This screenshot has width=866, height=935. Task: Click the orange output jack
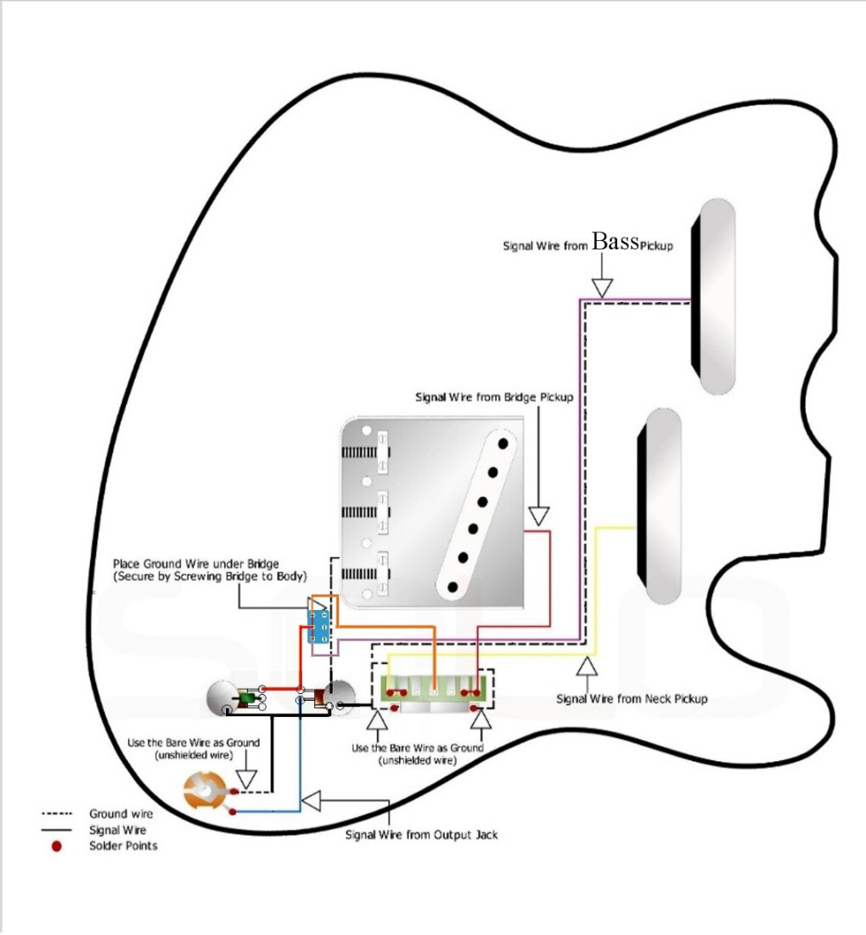[x=205, y=792]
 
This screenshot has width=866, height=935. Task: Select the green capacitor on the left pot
[x=246, y=699]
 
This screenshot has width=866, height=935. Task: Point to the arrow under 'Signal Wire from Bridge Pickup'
[x=538, y=514]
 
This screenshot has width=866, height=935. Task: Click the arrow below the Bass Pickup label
[x=601, y=287]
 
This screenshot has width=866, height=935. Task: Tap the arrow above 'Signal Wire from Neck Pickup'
[x=585, y=666]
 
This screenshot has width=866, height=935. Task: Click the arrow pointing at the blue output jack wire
[x=312, y=800]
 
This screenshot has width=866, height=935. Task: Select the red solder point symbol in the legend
[x=56, y=845]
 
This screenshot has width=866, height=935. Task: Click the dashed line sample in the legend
[x=56, y=814]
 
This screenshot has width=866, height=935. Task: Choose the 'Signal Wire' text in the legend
[x=117, y=830]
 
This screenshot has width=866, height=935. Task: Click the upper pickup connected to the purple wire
[x=714, y=295]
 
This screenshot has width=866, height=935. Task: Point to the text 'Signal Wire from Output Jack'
[x=421, y=835]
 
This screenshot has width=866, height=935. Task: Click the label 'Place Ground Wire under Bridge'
[x=195, y=563]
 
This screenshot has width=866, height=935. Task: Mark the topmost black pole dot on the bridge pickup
[x=504, y=441]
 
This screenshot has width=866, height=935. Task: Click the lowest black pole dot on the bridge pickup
[x=453, y=585]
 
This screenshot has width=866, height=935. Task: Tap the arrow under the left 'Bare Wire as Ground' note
[x=246, y=778]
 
